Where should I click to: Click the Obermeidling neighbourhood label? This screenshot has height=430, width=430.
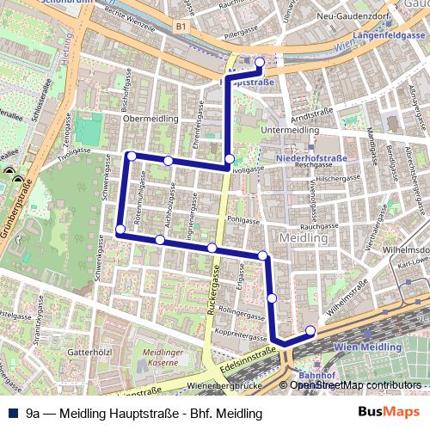point(150,118)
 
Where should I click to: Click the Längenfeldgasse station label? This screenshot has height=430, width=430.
point(392,35)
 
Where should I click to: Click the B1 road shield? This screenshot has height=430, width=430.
point(180,27)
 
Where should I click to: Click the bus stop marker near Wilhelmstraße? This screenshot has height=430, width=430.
point(310,330)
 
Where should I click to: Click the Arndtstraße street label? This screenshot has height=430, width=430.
point(310,113)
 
